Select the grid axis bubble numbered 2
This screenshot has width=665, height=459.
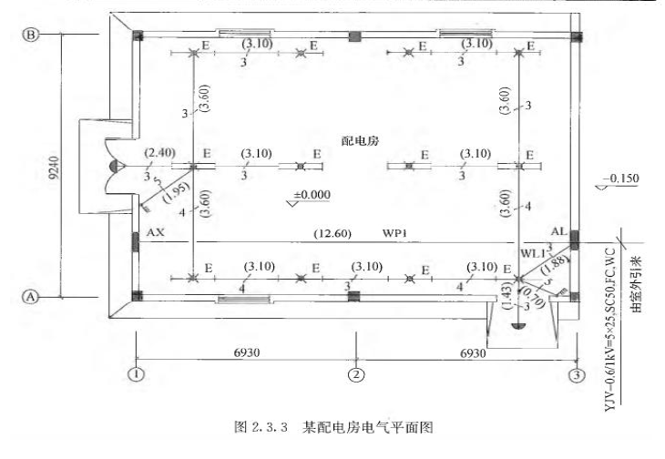click(x=356, y=373)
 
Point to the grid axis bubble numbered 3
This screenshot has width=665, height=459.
click(x=576, y=373)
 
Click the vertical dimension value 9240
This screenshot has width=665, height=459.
click(x=52, y=165)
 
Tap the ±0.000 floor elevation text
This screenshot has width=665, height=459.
click(x=312, y=194)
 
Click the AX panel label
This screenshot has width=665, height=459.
click(x=155, y=233)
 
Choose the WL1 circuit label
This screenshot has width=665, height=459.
click(x=534, y=250)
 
